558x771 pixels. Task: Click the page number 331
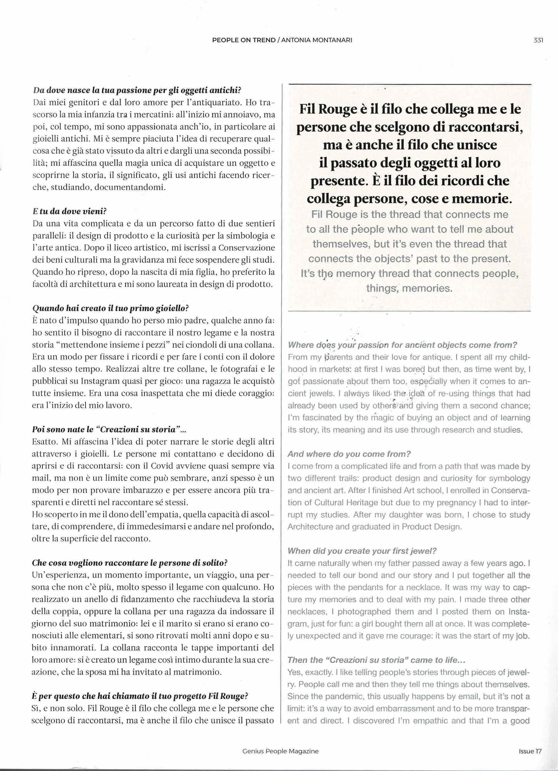tap(538, 40)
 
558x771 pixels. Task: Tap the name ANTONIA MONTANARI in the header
tap(317, 40)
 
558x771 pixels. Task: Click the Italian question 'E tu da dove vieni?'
tap(70, 211)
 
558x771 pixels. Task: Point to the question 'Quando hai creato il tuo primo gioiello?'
tap(110, 308)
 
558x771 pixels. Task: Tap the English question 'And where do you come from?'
tap(349, 454)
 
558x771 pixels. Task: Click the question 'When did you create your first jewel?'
tap(362, 551)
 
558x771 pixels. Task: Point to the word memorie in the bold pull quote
tap(487, 199)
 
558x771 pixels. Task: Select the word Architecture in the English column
tap(309, 527)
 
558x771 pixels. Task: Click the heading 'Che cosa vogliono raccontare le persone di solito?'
tap(129, 563)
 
